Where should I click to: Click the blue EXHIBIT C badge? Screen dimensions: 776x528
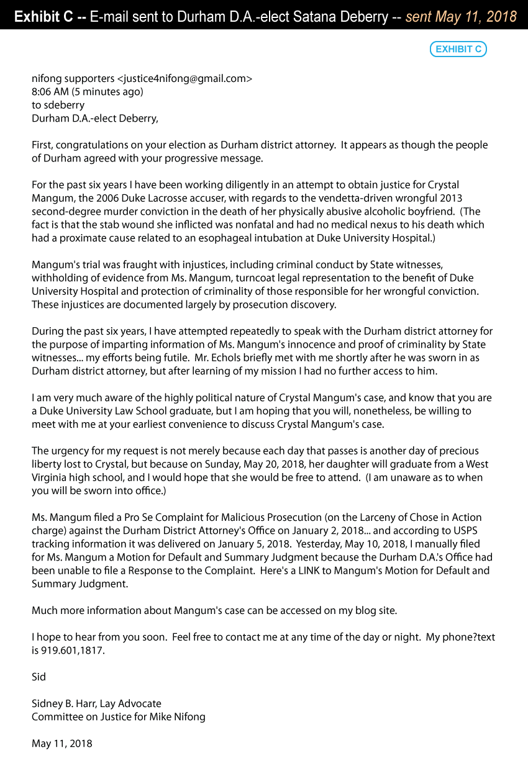tap(458, 49)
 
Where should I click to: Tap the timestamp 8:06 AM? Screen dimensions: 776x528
tap(50, 92)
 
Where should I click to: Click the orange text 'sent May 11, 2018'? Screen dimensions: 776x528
tap(461, 17)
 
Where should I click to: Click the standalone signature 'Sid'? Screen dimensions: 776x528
tap(39, 677)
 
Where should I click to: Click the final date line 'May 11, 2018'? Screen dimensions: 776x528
tap(62, 743)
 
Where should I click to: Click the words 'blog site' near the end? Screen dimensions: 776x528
tap(375, 610)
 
